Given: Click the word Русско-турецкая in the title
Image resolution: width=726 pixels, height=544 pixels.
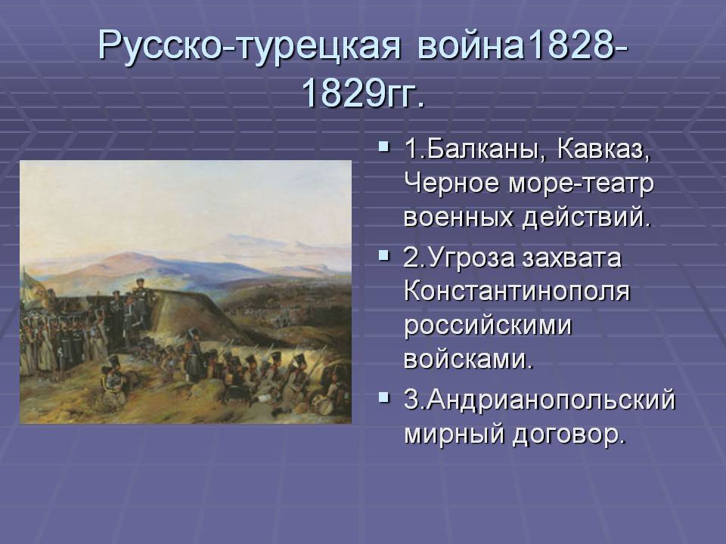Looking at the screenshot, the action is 249,45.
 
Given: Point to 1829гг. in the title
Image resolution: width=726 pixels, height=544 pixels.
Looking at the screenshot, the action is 363,94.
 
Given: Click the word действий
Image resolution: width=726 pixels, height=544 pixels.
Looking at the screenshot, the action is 587,218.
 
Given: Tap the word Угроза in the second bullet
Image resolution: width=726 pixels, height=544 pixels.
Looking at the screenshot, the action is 471,258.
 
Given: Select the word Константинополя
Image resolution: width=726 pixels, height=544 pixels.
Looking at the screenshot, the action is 517,292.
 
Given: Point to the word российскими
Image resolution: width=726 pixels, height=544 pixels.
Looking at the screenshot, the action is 488,326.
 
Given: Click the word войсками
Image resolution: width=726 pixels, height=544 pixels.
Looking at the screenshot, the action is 469,359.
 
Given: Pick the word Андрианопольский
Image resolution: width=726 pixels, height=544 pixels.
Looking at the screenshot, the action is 551,400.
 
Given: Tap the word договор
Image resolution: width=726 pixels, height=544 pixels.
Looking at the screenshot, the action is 569,435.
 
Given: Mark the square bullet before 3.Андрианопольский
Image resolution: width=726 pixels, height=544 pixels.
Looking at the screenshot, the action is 383,397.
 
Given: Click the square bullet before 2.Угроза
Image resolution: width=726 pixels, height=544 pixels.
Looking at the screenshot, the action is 383,255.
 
